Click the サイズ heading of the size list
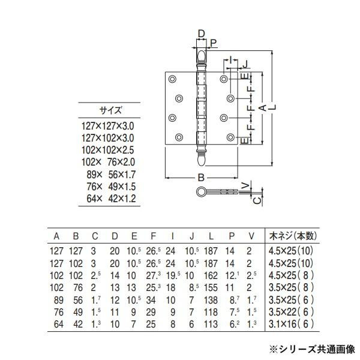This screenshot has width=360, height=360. pyautogui.click(x=110, y=110)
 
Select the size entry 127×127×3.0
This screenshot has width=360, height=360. pyautogui.click(x=108, y=126)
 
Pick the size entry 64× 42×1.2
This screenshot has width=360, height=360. pyautogui.click(x=108, y=199)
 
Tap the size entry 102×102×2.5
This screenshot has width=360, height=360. pyautogui.click(x=108, y=150)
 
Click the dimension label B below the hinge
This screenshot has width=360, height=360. pyautogui.click(x=201, y=178)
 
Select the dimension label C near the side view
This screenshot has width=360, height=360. pyautogui.click(x=256, y=200)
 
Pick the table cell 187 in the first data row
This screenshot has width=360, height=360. pyautogui.click(x=211, y=251)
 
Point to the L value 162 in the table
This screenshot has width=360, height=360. pyautogui.click(x=211, y=275)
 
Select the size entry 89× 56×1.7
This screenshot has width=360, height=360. pyautogui.click(x=108, y=175)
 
